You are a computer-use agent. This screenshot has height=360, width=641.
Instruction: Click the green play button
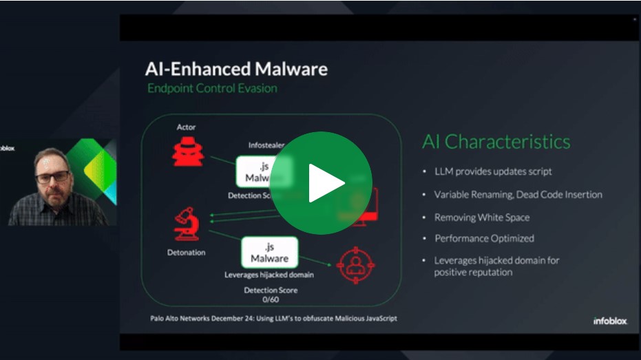[x=320, y=182]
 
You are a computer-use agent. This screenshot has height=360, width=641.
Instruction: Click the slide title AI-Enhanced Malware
[x=236, y=69]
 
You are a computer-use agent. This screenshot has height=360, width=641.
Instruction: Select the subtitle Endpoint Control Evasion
[x=212, y=88]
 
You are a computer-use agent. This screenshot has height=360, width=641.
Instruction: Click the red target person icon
[x=355, y=265]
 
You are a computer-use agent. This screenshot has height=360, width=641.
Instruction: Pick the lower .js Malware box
[x=269, y=253]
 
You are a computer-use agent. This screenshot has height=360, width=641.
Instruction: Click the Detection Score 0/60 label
[x=271, y=295]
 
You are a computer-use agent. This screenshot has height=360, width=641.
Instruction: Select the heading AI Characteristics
[x=496, y=142]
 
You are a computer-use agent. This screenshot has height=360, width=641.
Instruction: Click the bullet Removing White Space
[x=481, y=218]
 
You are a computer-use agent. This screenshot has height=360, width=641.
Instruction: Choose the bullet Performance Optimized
[x=484, y=238]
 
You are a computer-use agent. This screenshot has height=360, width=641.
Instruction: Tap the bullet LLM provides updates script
[x=493, y=171]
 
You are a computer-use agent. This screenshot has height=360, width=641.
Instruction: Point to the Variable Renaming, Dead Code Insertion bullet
[x=518, y=195]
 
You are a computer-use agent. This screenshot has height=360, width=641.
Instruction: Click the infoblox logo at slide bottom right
[x=610, y=321]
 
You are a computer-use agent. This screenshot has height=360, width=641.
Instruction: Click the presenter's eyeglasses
[x=52, y=177]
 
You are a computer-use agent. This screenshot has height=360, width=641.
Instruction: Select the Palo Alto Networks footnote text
[x=273, y=319]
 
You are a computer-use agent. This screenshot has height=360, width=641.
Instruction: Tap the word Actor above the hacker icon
[x=187, y=127]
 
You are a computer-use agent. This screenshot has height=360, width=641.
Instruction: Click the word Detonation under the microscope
[x=187, y=253]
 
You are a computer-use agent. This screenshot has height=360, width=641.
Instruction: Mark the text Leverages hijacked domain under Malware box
[x=269, y=275]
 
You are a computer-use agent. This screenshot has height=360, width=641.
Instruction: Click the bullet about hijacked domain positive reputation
[x=496, y=266]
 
